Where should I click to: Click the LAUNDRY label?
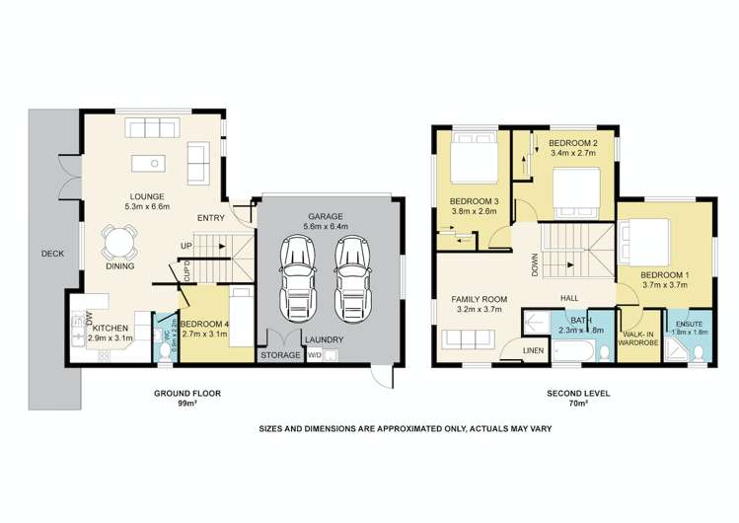(325, 340)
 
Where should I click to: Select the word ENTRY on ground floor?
(211, 218)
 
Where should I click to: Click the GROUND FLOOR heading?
(186, 394)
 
